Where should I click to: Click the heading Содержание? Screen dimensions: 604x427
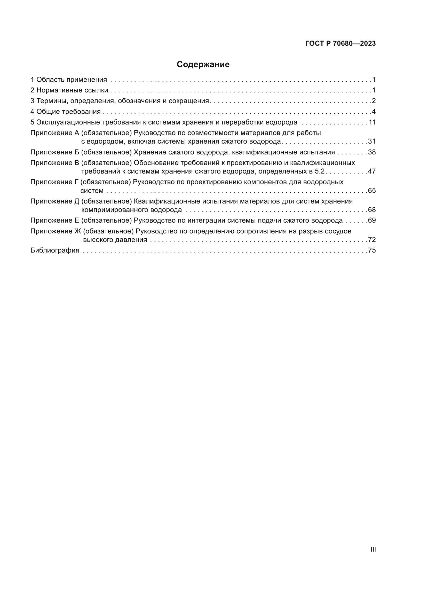click(x=203, y=65)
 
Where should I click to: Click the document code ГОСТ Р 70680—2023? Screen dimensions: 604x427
click(x=341, y=44)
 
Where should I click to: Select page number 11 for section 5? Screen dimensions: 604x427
click(x=372, y=122)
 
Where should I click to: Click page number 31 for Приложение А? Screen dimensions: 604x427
click(x=372, y=142)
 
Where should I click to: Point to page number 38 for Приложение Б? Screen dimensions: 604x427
click(x=372, y=152)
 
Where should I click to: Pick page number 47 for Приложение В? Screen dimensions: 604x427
click(x=372, y=171)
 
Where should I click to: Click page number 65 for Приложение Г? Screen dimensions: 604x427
click(x=372, y=191)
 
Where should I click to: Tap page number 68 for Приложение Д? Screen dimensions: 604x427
click(x=372, y=210)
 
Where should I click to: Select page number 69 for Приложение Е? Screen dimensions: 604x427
click(x=372, y=221)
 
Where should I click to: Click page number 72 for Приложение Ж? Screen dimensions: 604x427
click(x=372, y=240)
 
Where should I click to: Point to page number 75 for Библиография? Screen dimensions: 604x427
click(x=372, y=250)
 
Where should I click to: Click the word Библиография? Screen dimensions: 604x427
click(x=55, y=250)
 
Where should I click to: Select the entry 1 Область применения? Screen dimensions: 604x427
click(x=69, y=80)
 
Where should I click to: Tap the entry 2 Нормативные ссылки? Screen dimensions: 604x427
click(x=69, y=90)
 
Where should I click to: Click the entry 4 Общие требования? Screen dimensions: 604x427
click(x=66, y=112)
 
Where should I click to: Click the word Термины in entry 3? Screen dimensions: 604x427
click(x=52, y=101)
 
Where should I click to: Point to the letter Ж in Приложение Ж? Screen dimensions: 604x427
click(x=78, y=231)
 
